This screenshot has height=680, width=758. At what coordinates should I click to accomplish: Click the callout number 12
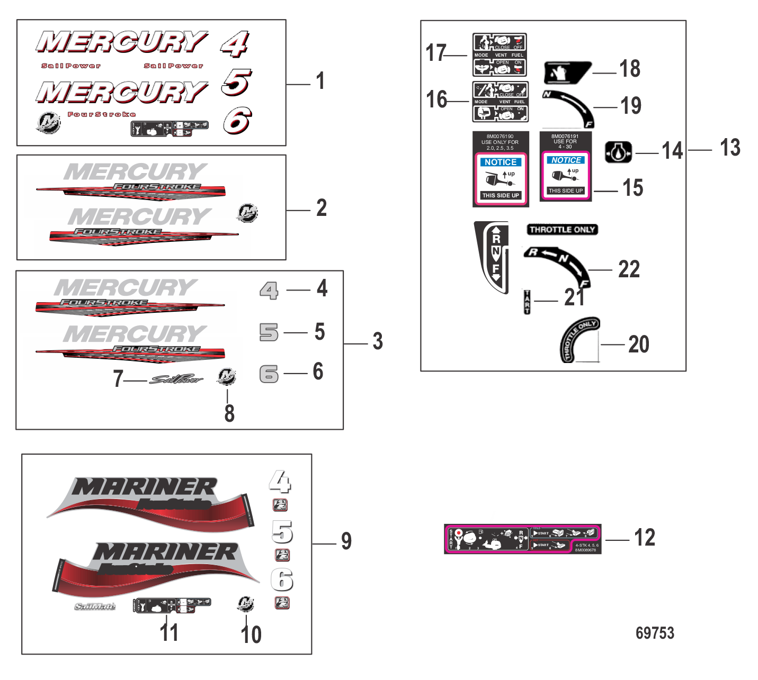click(645, 538)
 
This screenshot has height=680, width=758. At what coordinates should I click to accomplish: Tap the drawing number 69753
click(655, 633)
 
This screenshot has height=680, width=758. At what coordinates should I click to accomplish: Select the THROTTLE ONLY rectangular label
click(562, 230)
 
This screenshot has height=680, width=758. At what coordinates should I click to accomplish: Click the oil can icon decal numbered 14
click(618, 152)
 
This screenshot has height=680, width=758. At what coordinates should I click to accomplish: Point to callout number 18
click(630, 69)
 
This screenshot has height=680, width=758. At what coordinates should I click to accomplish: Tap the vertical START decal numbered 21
click(527, 302)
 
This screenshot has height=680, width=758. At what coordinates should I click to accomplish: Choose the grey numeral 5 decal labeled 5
click(269, 332)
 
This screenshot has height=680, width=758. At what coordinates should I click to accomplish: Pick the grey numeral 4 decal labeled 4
click(269, 290)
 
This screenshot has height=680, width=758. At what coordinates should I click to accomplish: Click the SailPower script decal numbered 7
click(176, 379)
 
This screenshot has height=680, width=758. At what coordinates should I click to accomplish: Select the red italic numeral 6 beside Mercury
click(237, 121)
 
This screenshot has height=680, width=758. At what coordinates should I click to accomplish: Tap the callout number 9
click(346, 541)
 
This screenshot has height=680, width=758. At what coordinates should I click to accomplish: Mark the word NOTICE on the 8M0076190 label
click(501, 162)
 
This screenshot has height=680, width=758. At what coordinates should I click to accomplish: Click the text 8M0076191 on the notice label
click(565, 136)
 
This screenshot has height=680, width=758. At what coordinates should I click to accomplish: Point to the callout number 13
click(730, 148)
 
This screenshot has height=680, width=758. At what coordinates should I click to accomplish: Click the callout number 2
click(322, 208)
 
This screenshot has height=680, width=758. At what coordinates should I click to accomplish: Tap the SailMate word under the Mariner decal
click(95, 606)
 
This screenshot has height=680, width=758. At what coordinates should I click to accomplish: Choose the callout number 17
click(436, 53)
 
